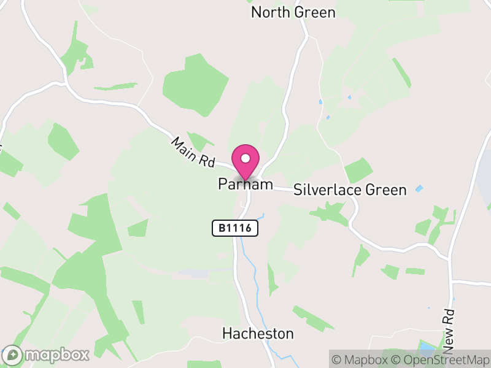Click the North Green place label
[x=293, y=12]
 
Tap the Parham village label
[x=245, y=184]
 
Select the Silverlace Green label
[x=350, y=190]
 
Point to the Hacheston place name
[x=258, y=334]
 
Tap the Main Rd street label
[x=193, y=153]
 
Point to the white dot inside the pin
[x=245, y=158]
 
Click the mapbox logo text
[x=56, y=355]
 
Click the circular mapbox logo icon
[x=12, y=355]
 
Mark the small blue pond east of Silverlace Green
[x=420, y=188]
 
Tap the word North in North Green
[x=271, y=12]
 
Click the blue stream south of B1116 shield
[x=248, y=251]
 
